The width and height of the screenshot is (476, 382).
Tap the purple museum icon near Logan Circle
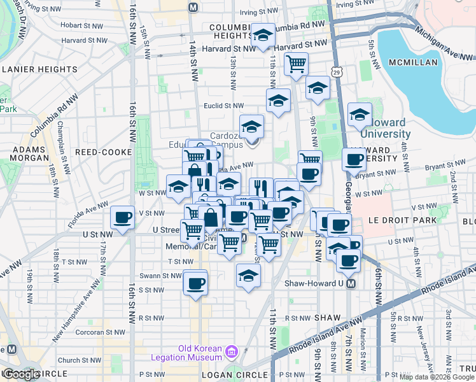pyautogui.click(x=231, y=352)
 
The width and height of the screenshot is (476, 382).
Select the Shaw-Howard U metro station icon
pyautogui.click(x=349, y=285)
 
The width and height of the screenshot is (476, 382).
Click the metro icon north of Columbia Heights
pyautogui.click(x=193, y=7)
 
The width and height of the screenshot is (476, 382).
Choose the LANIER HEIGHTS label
pyautogui.click(x=39, y=69)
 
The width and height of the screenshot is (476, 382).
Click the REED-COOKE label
pyautogui.click(x=103, y=152)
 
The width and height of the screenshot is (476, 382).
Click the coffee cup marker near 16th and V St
pyautogui.click(x=122, y=217)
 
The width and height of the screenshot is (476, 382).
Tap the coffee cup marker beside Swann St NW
pyautogui.click(x=195, y=282)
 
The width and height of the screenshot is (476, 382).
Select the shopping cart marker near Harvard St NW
pyautogui.click(x=296, y=64)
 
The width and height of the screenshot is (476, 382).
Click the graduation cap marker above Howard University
pyautogui.click(x=360, y=113)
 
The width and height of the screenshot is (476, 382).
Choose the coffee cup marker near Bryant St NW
pyautogui.click(x=354, y=159)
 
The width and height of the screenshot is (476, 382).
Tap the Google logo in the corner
pyautogui.click(x=22, y=374)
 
